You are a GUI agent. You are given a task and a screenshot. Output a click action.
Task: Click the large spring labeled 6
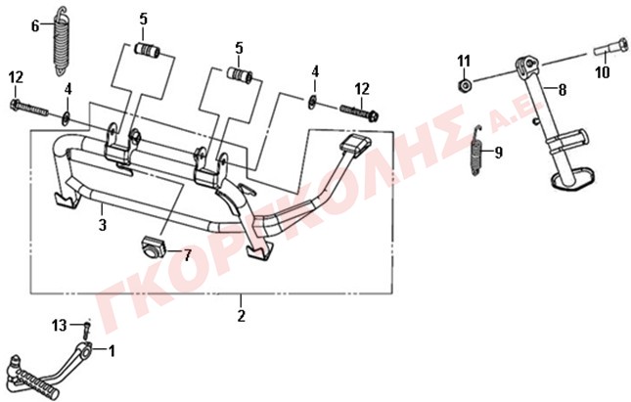pyautogui.click(x=63, y=41)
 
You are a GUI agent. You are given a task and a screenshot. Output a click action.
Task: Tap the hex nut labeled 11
pyautogui.click(x=465, y=85)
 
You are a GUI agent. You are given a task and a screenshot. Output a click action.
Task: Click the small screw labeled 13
pyautogui.click(x=87, y=330)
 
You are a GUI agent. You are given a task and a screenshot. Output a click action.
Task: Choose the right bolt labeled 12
pyautogui.click(x=360, y=112)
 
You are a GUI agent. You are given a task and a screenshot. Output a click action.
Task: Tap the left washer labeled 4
pyautogui.click(x=66, y=118)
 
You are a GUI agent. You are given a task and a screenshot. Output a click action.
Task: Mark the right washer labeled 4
pyautogui.click(x=312, y=103)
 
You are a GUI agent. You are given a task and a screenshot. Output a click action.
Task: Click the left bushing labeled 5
pyautogui.click(x=147, y=51)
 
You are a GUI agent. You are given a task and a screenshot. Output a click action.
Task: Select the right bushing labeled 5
pyautogui.click(x=240, y=75)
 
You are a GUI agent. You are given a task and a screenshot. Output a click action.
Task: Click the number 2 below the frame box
pyautogui.click(x=241, y=316)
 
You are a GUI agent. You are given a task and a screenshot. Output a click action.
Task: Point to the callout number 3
pyautogui.click(x=103, y=224)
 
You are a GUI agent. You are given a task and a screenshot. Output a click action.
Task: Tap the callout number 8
pyautogui.click(x=563, y=90)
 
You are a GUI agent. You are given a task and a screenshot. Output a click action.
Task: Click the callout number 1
pyautogui.click(x=112, y=351)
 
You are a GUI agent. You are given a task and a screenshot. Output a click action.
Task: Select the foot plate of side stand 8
pyautogui.click(x=573, y=179)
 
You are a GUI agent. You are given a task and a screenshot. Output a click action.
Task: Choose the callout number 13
pyautogui.click(x=59, y=325)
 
